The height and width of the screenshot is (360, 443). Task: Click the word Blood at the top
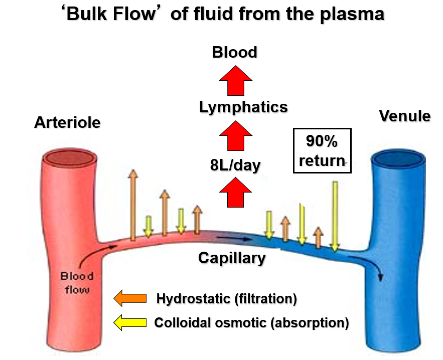[234, 52]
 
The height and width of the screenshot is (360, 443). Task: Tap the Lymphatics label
[243, 107]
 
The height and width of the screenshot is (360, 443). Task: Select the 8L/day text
[235, 165]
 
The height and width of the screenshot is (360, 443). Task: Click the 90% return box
[322, 150]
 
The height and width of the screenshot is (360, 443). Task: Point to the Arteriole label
[67, 122]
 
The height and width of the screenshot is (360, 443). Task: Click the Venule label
[404, 116]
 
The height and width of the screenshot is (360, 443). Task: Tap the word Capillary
[232, 258]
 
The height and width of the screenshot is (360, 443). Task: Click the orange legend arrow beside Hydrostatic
[130, 298]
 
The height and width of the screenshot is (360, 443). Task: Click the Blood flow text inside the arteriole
[77, 283]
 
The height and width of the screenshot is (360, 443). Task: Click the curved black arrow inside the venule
[371, 266]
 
